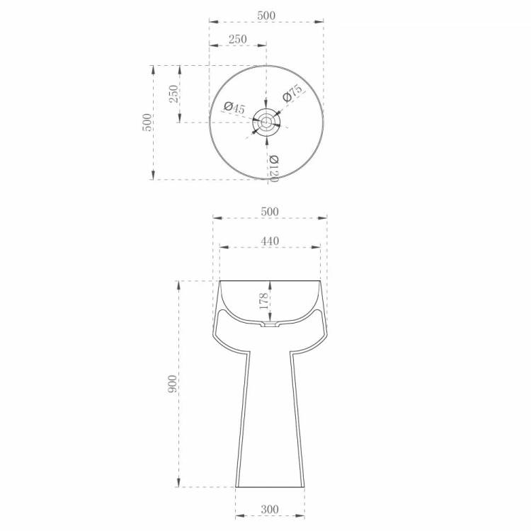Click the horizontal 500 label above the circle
(x=266, y=16)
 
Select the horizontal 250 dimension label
(x=237, y=39)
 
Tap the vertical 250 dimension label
(x=173, y=93)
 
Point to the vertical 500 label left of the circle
(x=147, y=122)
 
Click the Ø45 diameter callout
(x=234, y=108)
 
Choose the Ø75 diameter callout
(x=292, y=93)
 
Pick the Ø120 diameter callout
(x=273, y=169)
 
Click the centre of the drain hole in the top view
(x=266, y=122)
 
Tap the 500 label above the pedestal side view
(x=270, y=212)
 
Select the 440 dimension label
(x=270, y=241)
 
